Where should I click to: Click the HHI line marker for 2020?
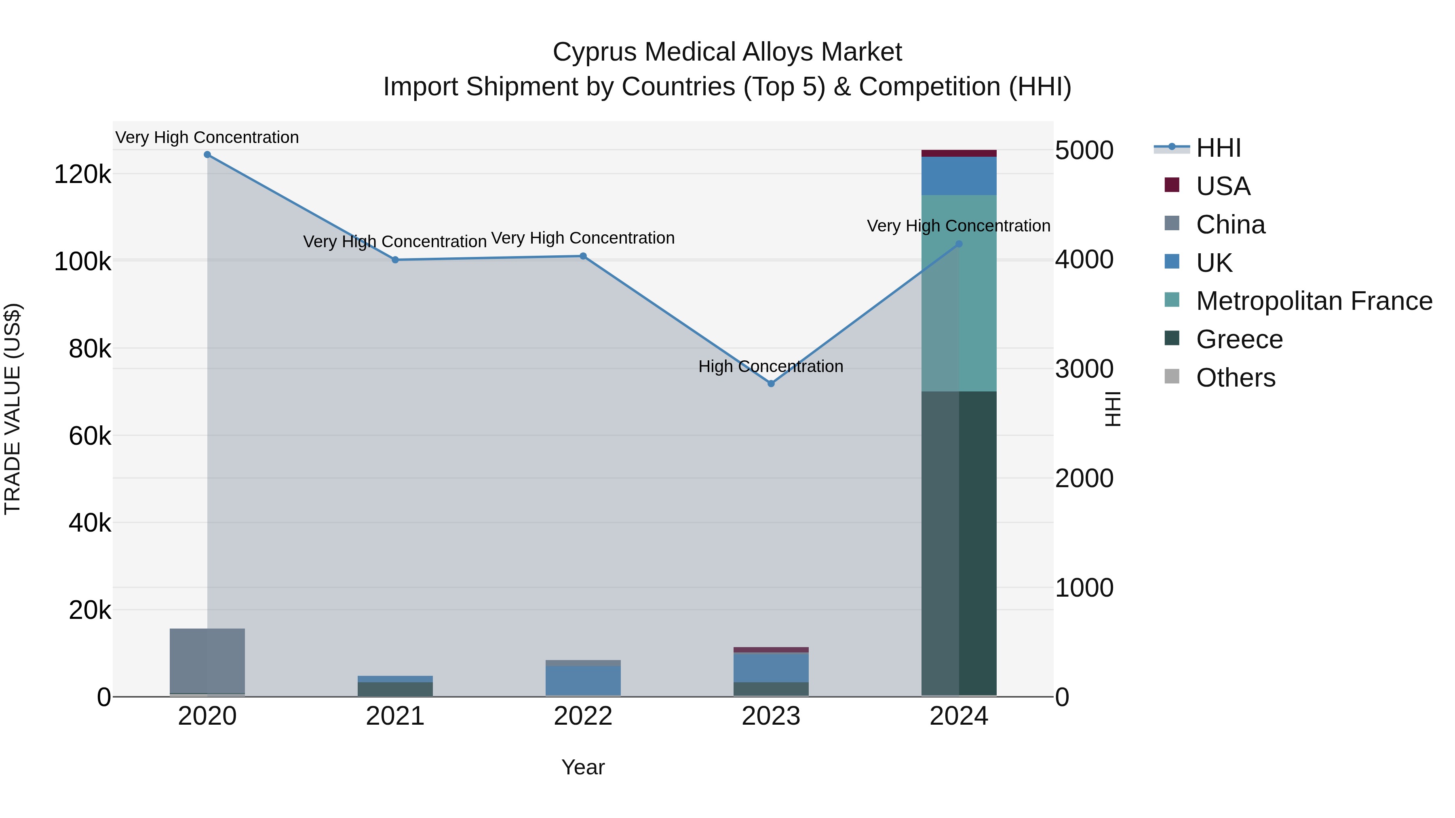[x=207, y=155]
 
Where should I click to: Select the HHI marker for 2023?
[x=771, y=383]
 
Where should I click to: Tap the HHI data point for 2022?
[x=583, y=256]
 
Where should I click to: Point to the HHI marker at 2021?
[x=395, y=260]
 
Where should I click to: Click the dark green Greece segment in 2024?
[x=978, y=542]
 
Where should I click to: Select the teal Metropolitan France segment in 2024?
[x=978, y=294]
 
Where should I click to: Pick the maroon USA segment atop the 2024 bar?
[x=959, y=153]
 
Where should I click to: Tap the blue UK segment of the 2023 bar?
[x=771, y=667]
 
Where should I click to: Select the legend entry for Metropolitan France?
[x=1314, y=301]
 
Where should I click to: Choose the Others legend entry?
[x=1235, y=378]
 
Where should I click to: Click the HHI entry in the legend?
[x=1218, y=148]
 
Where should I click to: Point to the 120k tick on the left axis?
[x=82, y=175]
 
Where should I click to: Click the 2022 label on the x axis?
[x=583, y=716]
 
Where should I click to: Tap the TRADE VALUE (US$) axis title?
[x=13, y=409]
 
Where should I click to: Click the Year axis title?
[x=583, y=767]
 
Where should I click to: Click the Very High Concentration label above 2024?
[x=959, y=226]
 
